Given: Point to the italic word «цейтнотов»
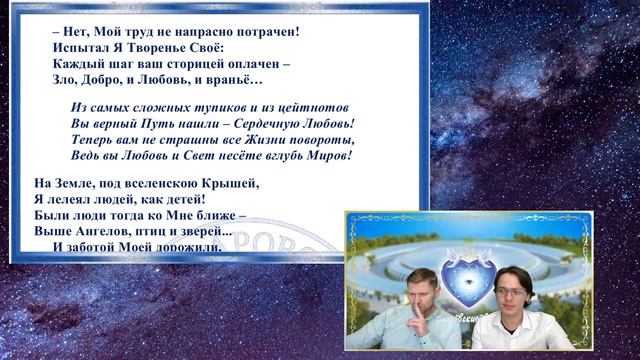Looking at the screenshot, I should [x=307, y=107].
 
